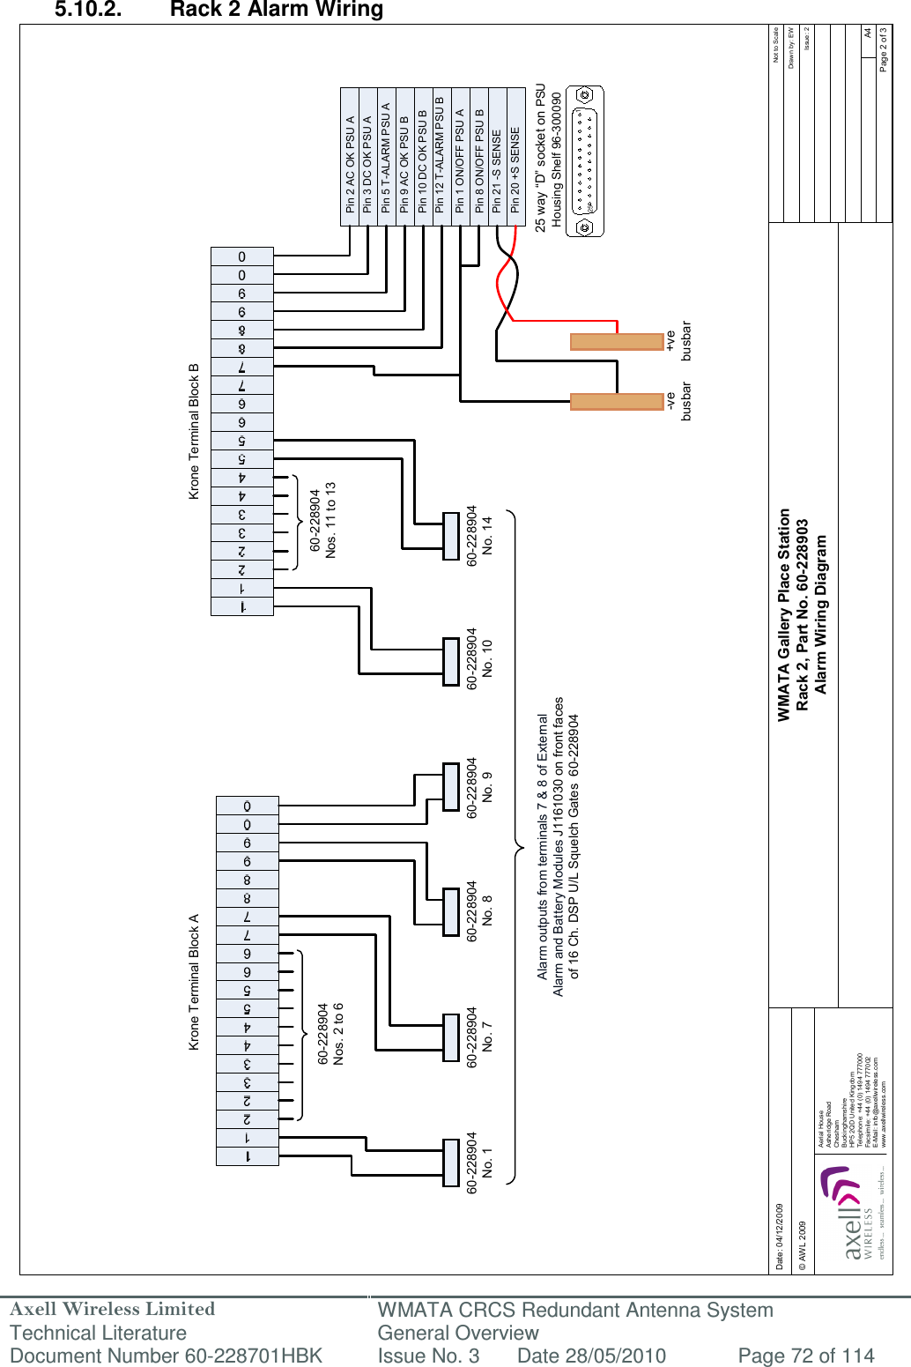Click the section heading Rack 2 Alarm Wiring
tap(276, 11)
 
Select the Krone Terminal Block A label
tap(195, 982)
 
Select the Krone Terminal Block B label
tap(195, 431)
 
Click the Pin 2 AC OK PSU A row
tap(350, 157)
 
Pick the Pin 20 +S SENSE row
tap(515, 157)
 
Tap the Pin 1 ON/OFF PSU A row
tap(460, 157)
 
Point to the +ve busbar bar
tap(617, 341)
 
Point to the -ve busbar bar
tap(617, 401)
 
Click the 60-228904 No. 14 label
tap(479, 535)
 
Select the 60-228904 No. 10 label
tap(479, 658)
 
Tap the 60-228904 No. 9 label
tap(479, 788)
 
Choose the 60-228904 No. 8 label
tap(479, 911)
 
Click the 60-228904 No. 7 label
tap(479, 1037)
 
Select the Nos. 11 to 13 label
tap(330, 519)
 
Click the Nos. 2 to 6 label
tap(338, 1033)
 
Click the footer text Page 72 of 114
tap(805, 1356)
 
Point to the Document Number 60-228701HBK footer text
tap(167, 1356)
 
